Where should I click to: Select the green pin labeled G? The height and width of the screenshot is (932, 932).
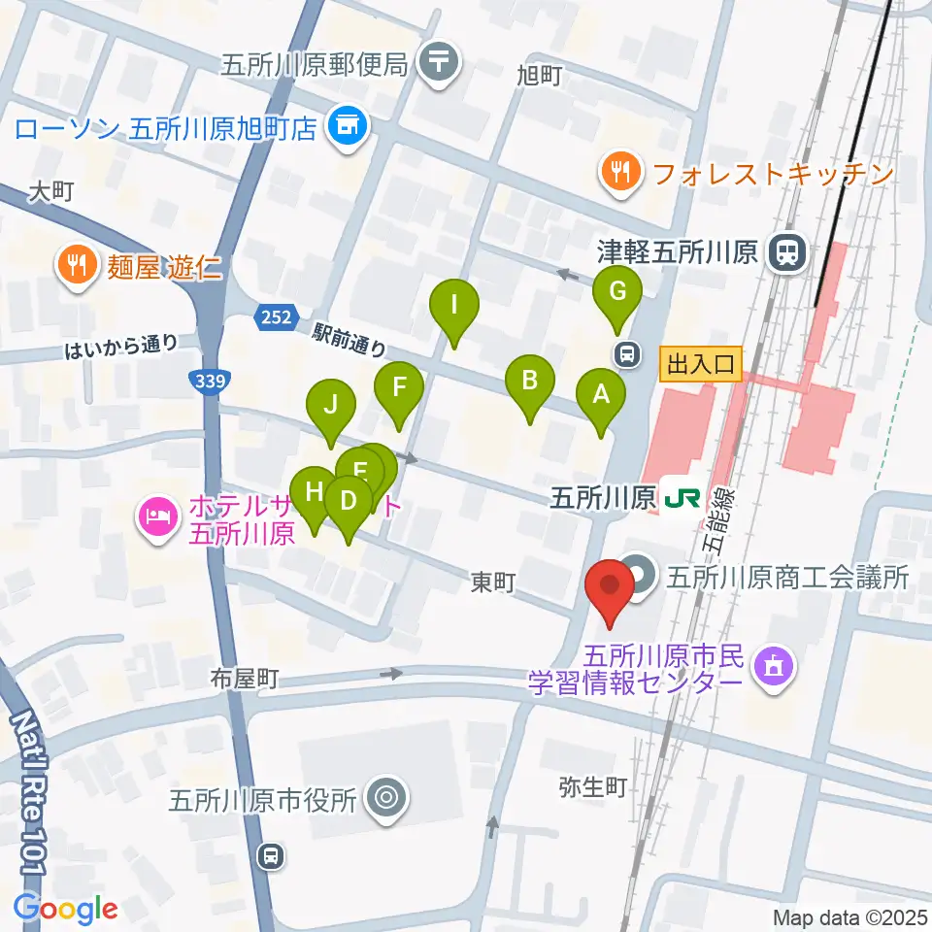(x=616, y=291)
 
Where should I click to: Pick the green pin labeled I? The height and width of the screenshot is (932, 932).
(x=454, y=305)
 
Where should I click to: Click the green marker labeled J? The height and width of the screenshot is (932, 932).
(x=331, y=404)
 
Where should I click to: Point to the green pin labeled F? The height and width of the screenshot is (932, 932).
(x=398, y=388)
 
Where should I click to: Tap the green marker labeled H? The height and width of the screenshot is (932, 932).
(x=314, y=492)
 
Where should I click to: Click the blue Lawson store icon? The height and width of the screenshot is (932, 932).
(x=345, y=126)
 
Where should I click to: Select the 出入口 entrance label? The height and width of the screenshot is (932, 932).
(x=700, y=365)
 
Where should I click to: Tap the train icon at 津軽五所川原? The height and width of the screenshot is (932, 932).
(x=784, y=254)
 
